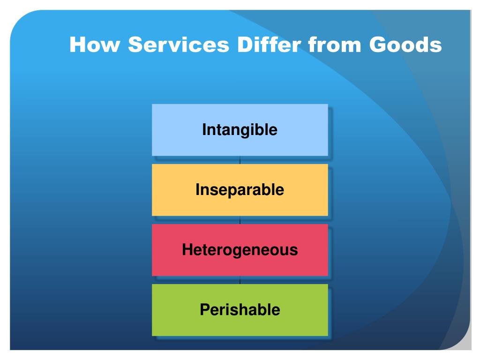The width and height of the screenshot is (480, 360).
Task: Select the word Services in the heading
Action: [x=179, y=45]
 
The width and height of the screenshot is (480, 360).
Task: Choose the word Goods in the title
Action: [x=405, y=45]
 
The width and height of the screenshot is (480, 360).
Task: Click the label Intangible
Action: [x=240, y=130]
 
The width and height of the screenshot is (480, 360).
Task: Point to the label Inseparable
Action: [x=240, y=190]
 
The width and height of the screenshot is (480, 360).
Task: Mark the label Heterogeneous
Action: [x=240, y=250]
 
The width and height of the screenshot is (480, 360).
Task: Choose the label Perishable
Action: [x=240, y=310]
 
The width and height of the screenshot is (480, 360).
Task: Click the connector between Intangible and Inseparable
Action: [x=240, y=160]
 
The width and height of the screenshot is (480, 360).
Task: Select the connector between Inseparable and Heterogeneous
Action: [x=240, y=220]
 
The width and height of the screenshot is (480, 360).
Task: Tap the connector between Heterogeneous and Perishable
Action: [x=240, y=280]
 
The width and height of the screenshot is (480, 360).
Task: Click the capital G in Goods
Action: [x=378, y=45]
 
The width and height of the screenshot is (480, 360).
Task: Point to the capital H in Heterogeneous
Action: [x=187, y=250]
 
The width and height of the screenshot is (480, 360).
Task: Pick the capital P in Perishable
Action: [x=204, y=310]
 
